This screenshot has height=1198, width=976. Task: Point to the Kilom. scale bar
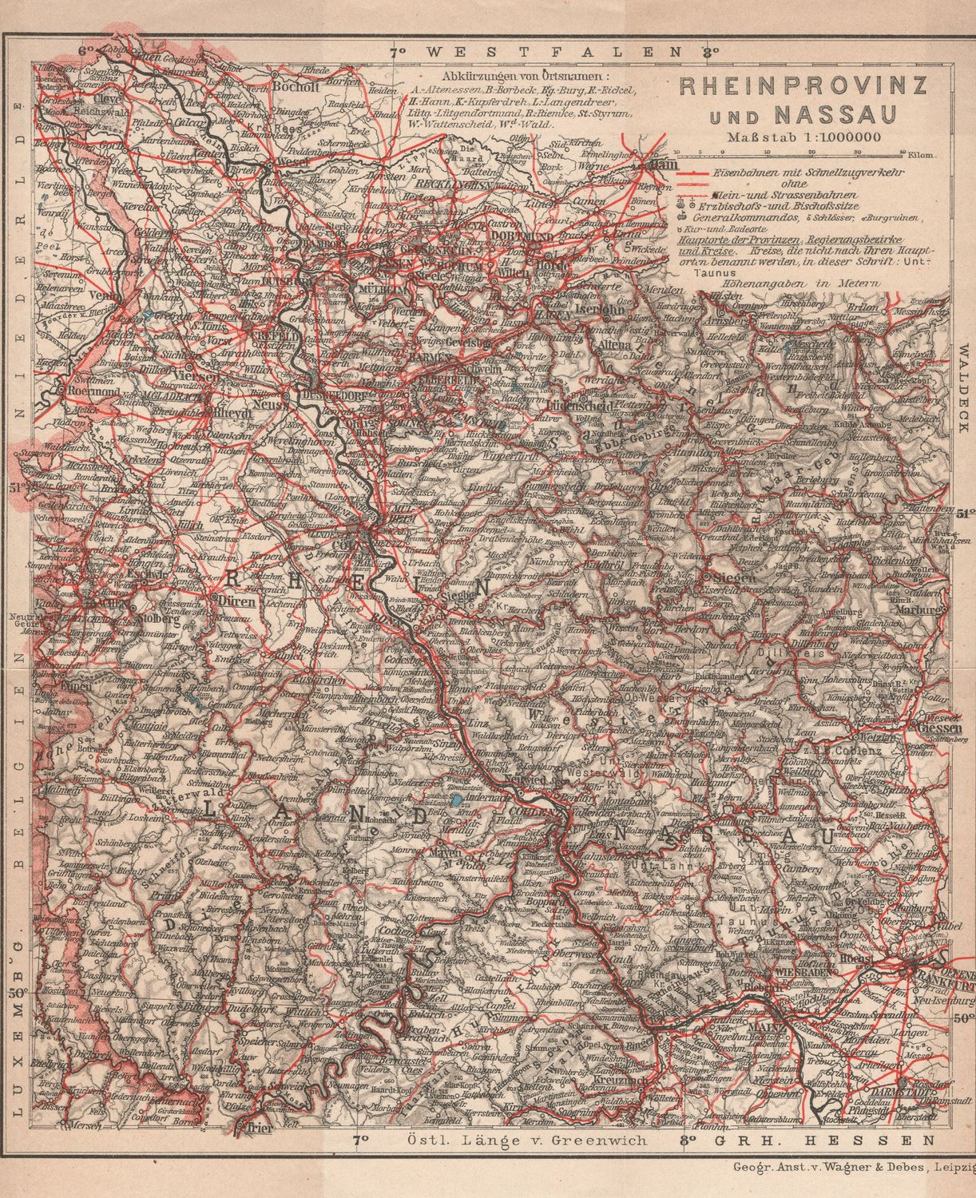806,152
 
